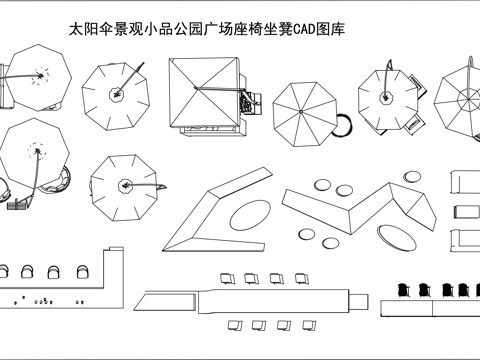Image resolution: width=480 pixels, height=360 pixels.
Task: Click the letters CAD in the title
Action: tap(314, 31)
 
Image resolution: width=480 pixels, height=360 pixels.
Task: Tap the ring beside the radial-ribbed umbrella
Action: tap(343, 125)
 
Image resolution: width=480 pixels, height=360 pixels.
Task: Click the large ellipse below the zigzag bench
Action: tap(396, 236)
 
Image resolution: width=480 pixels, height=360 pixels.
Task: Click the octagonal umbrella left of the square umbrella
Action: tap(115, 94)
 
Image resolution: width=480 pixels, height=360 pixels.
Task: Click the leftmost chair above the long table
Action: tap(227, 277)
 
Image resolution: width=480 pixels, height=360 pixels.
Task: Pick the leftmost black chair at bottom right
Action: tap(403, 290)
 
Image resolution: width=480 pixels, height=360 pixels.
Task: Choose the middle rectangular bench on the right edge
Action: tap(465, 211)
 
